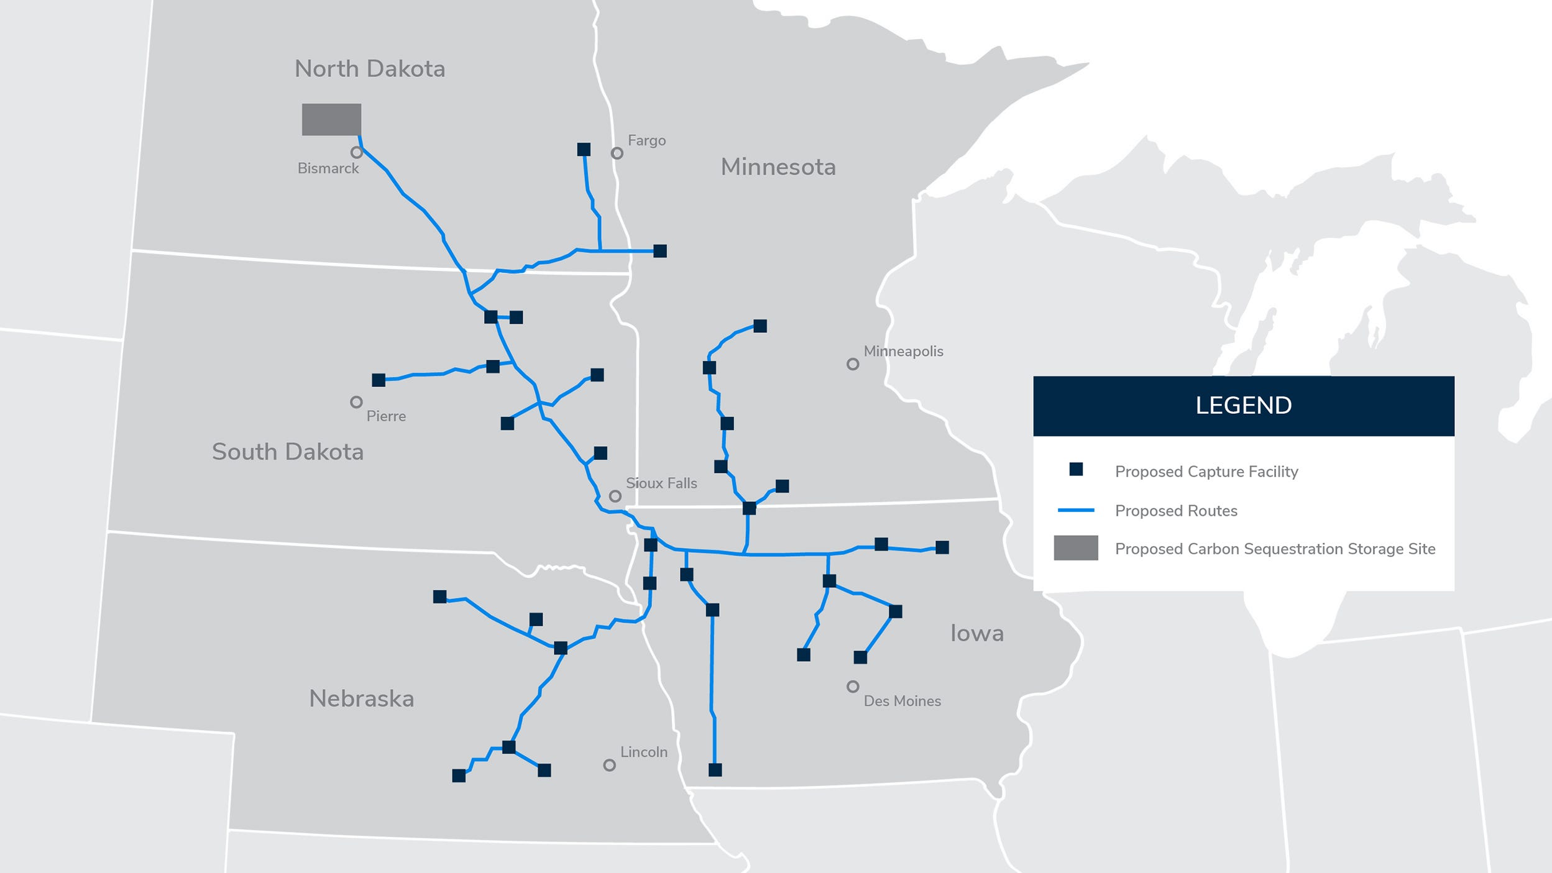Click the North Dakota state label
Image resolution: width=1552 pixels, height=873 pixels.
(x=370, y=69)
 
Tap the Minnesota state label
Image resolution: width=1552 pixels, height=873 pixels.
(x=778, y=167)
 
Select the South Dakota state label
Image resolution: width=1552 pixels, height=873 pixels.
(x=287, y=452)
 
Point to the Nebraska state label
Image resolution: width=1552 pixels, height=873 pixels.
(x=362, y=699)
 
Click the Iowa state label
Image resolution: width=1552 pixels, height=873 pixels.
(x=976, y=633)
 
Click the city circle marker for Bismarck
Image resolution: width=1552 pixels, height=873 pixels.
(x=356, y=152)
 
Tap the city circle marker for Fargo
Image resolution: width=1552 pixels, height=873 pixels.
(x=617, y=153)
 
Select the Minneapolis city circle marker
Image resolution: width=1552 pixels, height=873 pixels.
(x=853, y=364)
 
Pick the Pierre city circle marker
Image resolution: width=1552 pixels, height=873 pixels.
(x=356, y=402)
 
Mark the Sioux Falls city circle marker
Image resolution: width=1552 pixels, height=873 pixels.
(x=615, y=496)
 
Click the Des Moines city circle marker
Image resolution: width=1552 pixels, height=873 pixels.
(x=853, y=687)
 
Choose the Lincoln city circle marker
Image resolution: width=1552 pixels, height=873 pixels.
(x=610, y=765)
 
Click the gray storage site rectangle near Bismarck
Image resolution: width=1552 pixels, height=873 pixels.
(x=331, y=119)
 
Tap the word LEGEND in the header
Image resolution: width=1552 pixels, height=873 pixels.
(x=1243, y=406)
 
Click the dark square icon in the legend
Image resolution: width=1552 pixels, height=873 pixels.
(x=1076, y=470)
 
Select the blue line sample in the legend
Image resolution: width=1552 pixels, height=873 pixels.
(x=1076, y=510)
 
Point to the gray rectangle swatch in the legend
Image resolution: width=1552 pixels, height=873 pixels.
(x=1076, y=548)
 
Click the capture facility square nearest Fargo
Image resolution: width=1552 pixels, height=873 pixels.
(x=584, y=149)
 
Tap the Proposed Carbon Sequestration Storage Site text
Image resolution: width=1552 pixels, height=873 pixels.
(x=1275, y=549)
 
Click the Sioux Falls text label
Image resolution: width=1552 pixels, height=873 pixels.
(x=661, y=483)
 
